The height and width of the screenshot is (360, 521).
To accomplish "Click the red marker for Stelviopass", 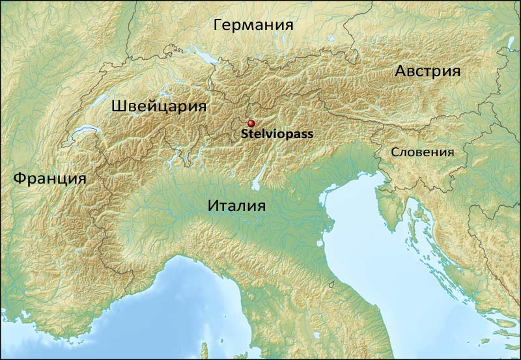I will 251,123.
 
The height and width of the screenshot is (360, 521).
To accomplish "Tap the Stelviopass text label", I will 277,135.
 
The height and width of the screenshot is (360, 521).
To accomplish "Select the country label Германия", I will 253,25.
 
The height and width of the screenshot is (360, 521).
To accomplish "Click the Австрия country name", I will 428,72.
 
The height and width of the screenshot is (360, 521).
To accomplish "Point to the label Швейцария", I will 159,106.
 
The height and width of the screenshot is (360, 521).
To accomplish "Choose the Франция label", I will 49,178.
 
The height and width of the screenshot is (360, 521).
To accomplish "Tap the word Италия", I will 237,206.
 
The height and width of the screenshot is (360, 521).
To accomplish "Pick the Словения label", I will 422,152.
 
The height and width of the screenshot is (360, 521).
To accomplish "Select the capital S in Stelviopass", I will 244,135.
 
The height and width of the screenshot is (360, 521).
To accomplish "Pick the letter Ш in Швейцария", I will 119,106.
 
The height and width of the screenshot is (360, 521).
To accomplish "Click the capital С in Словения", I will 395,152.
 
